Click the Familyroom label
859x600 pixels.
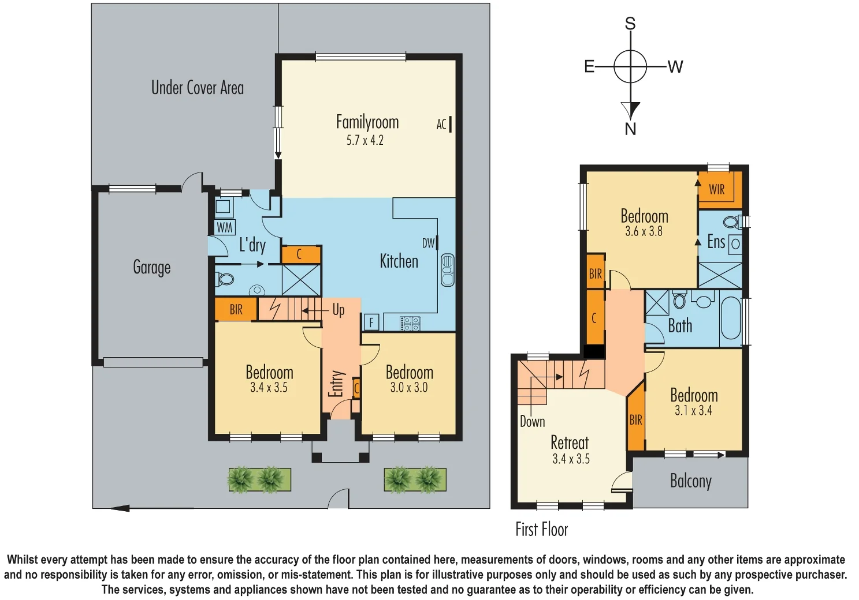click(x=367, y=122)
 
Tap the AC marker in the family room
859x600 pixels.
click(x=442, y=124)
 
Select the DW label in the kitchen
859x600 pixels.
click(x=428, y=243)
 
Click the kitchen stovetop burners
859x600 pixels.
click(x=410, y=324)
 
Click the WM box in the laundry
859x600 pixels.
click(x=224, y=227)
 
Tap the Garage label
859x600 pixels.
click(x=152, y=268)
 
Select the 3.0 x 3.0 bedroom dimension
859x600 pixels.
click(x=409, y=388)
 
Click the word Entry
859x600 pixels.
click(x=336, y=384)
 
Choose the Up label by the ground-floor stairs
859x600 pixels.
click(x=339, y=310)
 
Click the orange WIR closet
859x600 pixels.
click(x=720, y=190)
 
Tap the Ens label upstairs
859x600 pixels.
click(x=716, y=242)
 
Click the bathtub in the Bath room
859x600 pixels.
click(x=731, y=318)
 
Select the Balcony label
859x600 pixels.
click(x=691, y=481)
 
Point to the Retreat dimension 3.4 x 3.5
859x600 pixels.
click(x=571, y=459)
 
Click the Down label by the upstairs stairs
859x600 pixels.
click(x=532, y=422)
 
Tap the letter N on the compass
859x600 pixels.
click(x=630, y=129)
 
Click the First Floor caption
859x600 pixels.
click(x=542, y=530)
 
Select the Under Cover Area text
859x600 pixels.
click(x=198, y=88)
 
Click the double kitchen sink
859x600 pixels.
click(x=447, y=271)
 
